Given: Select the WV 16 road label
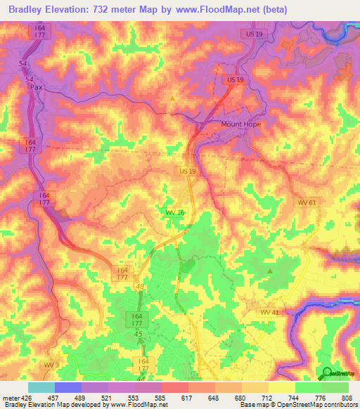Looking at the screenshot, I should (x=174, y=212).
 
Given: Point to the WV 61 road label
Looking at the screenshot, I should (x=307, y=202).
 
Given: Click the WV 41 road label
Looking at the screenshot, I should (x=269, y=311).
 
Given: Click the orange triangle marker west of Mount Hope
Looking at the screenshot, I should (x=173, y=98).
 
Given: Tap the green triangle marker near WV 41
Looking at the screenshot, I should (x=270, y=270).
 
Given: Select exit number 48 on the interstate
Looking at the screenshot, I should (x=140, y=286).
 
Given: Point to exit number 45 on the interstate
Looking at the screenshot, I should (x=139, y=334).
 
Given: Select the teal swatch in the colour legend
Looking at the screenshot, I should (x=41, y=387).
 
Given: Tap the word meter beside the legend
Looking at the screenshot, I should (x=10, y=397).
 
